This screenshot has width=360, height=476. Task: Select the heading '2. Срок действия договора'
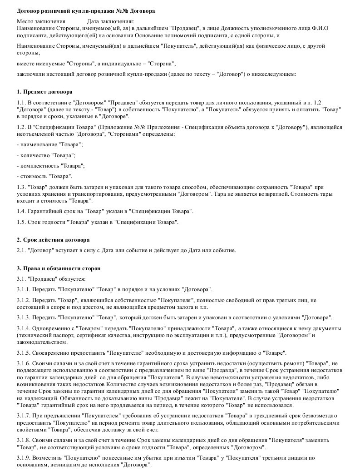pyautogui.click(x=53, y=239)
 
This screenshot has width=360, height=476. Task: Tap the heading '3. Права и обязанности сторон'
pyautogui.click(x=58, y=268)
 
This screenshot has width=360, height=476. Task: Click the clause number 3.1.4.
pyautogui.click(x=24, y=328)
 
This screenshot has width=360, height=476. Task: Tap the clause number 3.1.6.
pyautogui.click(x=24, y=364)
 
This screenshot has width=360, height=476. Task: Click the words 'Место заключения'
pyautogui.click(x=41, y=21)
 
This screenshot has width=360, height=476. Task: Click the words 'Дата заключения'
pyautogui.click(x=109, y=21)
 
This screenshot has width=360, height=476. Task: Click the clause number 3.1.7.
pyautogui.click(x=24, y=416)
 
